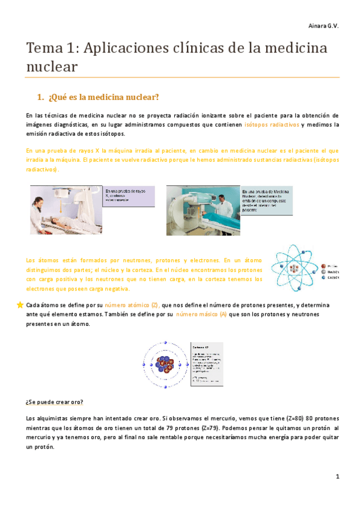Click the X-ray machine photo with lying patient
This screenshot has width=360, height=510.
tap(66, 209)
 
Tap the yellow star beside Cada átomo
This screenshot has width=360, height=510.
tap(20, 305)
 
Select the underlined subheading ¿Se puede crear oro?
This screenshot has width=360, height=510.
tap(55, 402)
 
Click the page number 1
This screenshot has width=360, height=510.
tap(338, 476)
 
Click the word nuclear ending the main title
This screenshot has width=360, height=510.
tap(52, 66)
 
